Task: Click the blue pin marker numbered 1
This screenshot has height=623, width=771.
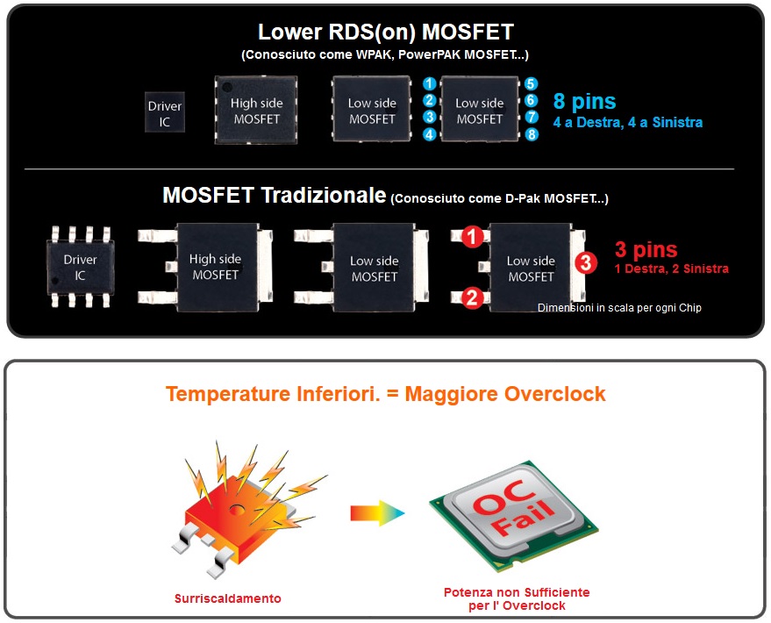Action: (429, 83)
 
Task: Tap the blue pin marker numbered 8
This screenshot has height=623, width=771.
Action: (531, 134)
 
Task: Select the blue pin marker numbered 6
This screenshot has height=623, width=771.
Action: (531, 101)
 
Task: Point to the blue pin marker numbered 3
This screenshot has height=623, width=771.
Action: (429, 117)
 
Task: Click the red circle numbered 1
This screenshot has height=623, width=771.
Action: (472, 237)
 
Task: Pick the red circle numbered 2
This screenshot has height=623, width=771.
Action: (472, 297)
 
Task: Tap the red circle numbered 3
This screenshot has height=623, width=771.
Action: (587, 262)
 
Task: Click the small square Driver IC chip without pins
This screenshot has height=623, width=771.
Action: (165, 113)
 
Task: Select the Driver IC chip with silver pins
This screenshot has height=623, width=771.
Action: (81, 267)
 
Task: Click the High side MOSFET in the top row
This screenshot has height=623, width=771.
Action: (256, 111)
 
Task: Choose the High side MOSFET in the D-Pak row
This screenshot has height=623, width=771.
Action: (214, 267)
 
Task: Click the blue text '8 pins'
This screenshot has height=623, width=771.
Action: (584, 102)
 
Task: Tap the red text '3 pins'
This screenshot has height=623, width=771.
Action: (646, 250)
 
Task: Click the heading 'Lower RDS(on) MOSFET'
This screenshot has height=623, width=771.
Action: (385, 32)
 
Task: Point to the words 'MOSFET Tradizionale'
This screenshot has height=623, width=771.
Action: (274, 195)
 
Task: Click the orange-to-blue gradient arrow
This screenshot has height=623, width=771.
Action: (377, 512)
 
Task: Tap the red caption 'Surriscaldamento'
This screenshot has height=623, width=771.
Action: (227, 598)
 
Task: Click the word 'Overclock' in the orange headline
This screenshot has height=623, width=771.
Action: (554, 394)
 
